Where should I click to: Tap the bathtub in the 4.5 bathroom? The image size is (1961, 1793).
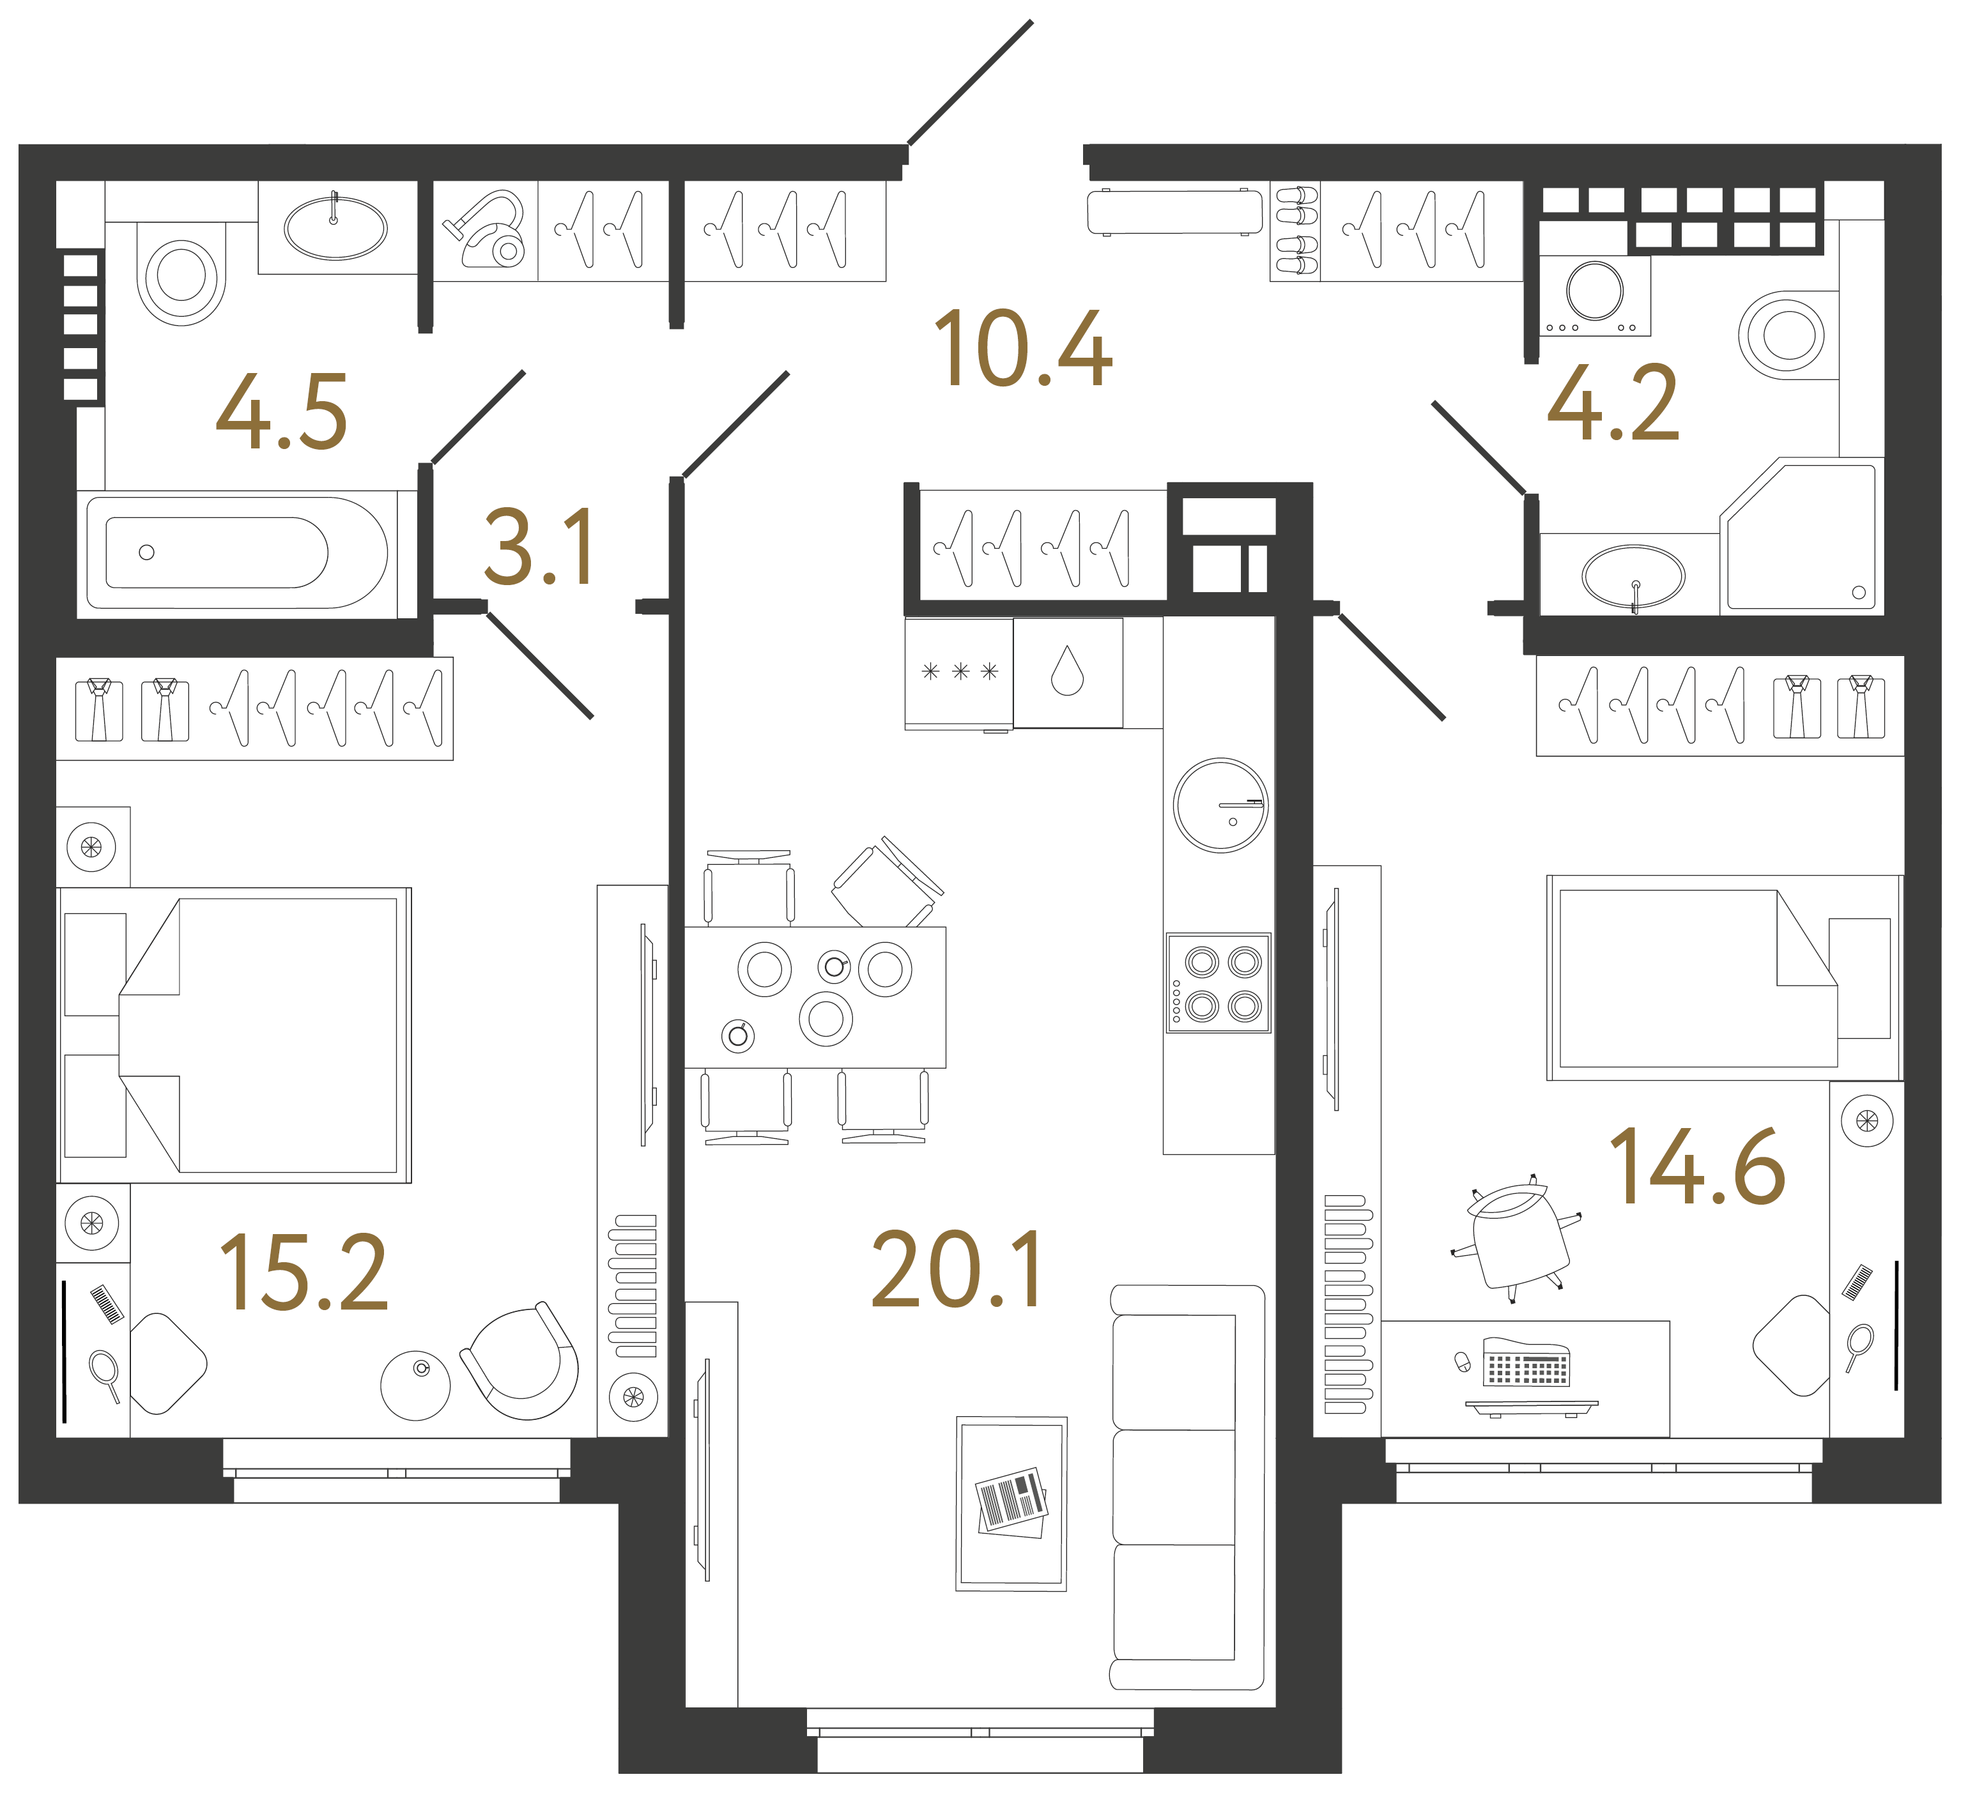point(236,553)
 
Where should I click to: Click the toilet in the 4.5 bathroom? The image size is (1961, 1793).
point(181,272)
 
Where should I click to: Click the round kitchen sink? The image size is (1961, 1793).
point(1221,805)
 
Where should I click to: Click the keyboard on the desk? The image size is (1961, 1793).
point(1525,1361)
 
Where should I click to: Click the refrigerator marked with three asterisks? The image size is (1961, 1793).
point(959,673)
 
